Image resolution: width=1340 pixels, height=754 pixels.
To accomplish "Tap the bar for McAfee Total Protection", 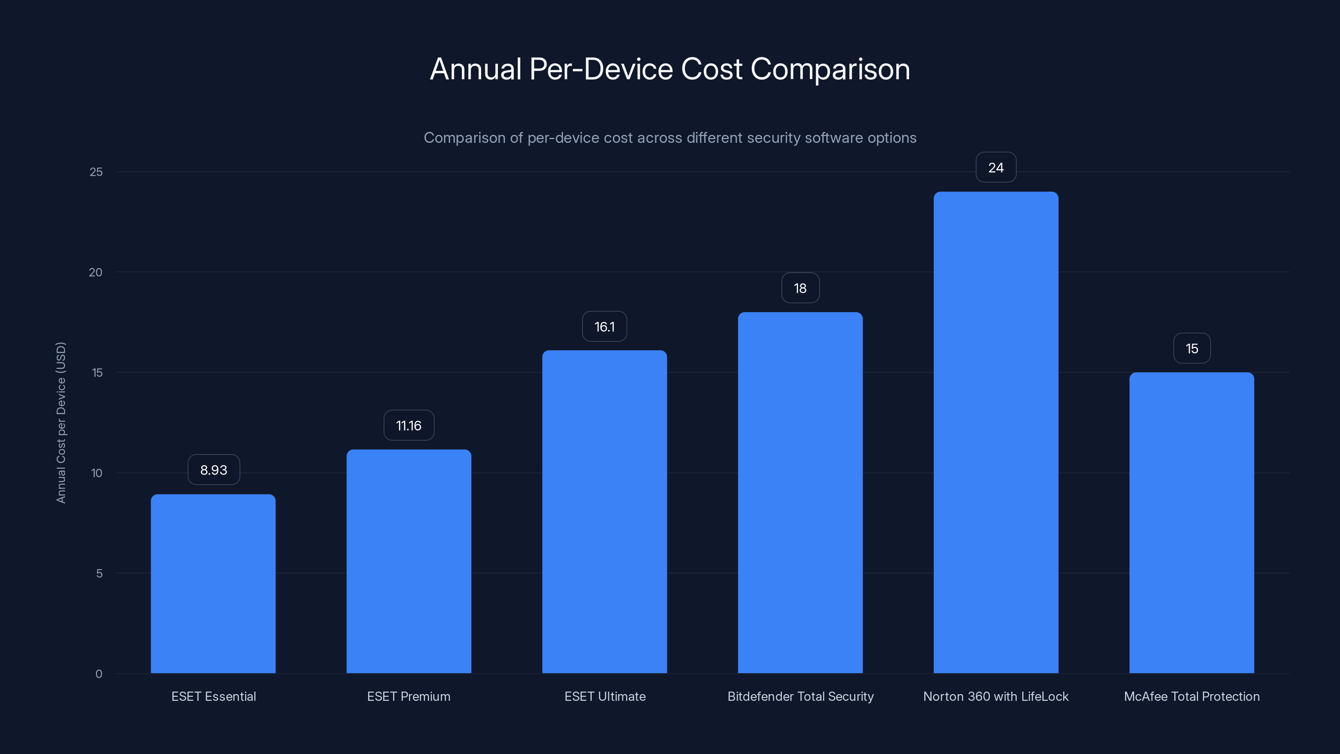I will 1191,522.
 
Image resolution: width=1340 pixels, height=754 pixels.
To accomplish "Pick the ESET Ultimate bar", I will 604,511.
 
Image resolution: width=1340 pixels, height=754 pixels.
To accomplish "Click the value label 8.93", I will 213,470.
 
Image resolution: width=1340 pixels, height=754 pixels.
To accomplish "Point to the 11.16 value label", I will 409,426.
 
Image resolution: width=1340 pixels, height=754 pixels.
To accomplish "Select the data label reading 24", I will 996,168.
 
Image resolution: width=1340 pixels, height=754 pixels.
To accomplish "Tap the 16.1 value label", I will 604,327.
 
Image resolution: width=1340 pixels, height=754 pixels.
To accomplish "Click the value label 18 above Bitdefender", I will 800,288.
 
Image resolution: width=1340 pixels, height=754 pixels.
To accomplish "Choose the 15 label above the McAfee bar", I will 1191,349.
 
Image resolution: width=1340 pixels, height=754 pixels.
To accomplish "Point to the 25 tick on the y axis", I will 96,172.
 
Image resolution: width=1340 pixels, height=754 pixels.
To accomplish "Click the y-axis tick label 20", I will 96,272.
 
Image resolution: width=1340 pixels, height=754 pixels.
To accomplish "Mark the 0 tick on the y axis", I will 99,674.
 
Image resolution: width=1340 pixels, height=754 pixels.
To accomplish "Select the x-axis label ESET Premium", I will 409,696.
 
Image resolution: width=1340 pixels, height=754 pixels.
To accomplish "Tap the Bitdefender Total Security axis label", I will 800,696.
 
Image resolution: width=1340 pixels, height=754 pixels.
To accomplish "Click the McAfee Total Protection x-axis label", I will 1191,696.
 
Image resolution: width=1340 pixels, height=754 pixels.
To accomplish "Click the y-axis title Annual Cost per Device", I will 61,423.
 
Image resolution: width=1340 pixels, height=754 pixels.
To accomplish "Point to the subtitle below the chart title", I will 670,138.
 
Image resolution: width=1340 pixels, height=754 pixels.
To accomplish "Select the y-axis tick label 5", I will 99,573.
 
